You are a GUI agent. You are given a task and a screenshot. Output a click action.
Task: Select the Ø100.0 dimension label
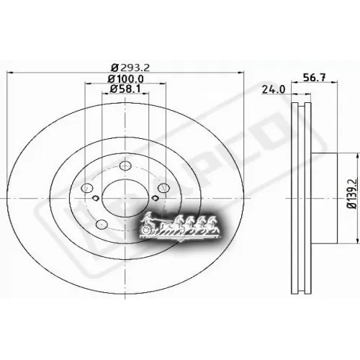click(126, 78)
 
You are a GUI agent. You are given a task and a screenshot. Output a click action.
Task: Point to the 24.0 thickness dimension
click(269, 91)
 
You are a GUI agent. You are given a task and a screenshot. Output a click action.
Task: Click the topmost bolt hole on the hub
click(126, 164)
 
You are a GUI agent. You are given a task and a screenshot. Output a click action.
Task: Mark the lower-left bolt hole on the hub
click(102, 222)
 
